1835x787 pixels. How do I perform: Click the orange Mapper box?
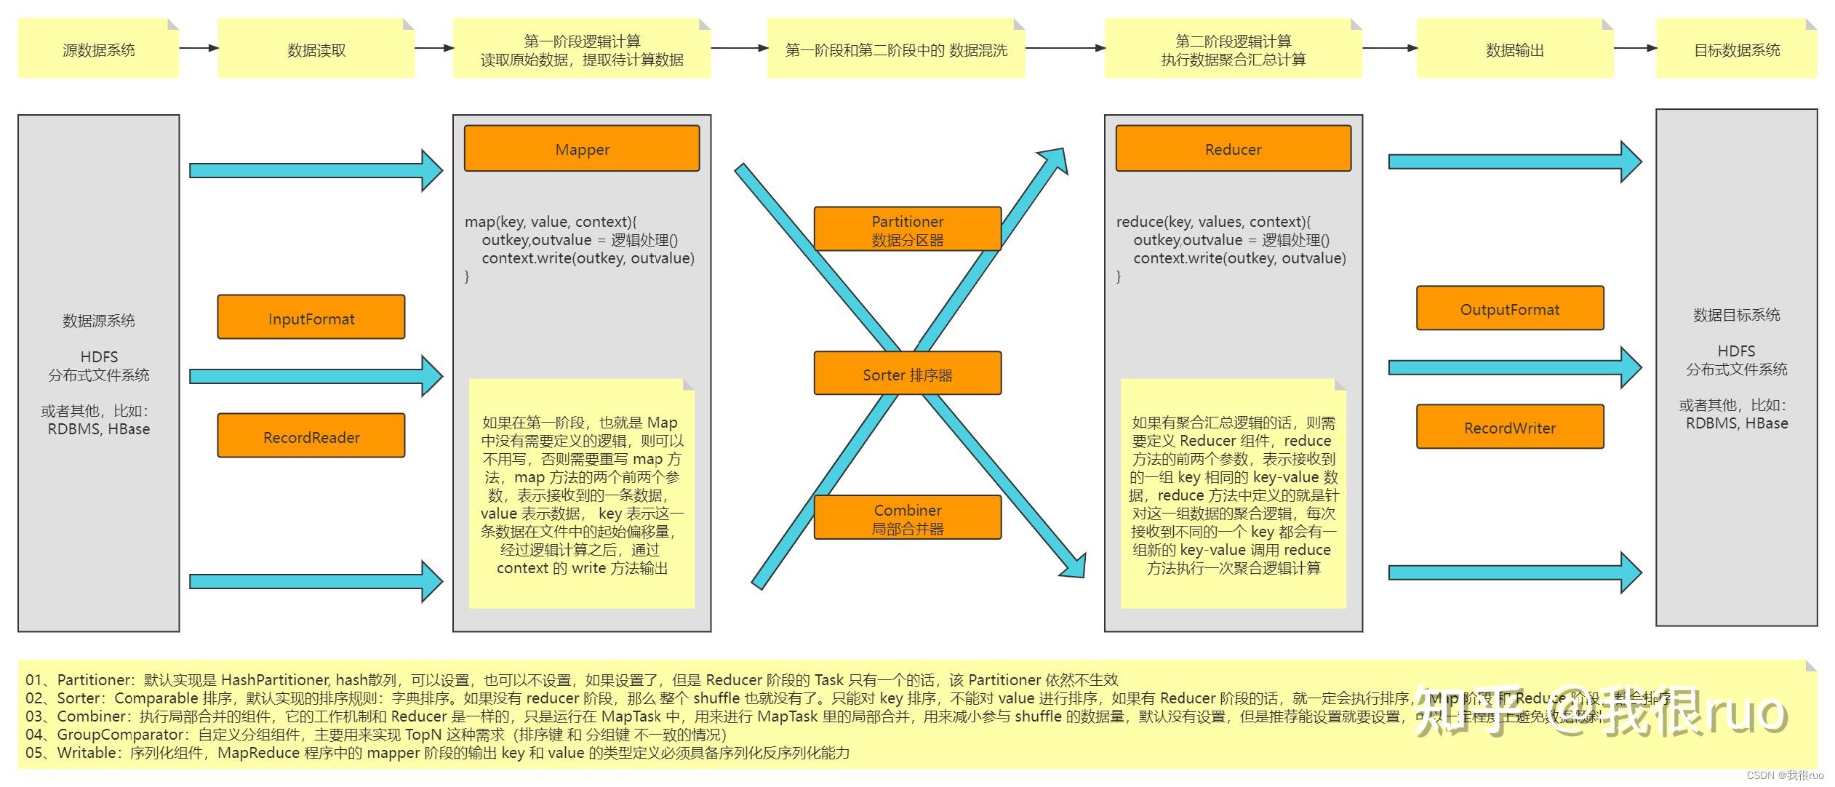[x=582, y=148]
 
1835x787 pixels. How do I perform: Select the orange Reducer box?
[x=1233, y=148]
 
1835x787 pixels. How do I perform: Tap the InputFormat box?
[x=311, y=318]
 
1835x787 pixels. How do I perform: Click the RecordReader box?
[x=311, y=436]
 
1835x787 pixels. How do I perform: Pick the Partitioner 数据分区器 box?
[x=907, y=229]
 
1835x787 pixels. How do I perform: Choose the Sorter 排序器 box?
[x=907, y=374]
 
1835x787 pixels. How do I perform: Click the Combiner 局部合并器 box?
[x=907, y=518]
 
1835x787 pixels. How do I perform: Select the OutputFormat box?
[x=1509, y=308]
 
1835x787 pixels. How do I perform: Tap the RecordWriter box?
[x=1509, y=427]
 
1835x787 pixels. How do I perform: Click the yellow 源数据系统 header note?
[x=98, y=49]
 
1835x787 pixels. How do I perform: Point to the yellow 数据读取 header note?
[x=316, y=49]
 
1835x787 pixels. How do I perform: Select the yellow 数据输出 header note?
[x=1514, y=49]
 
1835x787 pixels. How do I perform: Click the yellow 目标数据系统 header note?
[x=1736, y=49]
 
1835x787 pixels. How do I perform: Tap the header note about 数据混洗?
[x=896, y=49]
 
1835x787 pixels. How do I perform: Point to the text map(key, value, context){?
[x=551, y=222]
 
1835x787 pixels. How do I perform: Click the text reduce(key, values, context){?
[x=1213, y=222]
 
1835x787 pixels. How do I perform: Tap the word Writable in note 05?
[x=88, y=753]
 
